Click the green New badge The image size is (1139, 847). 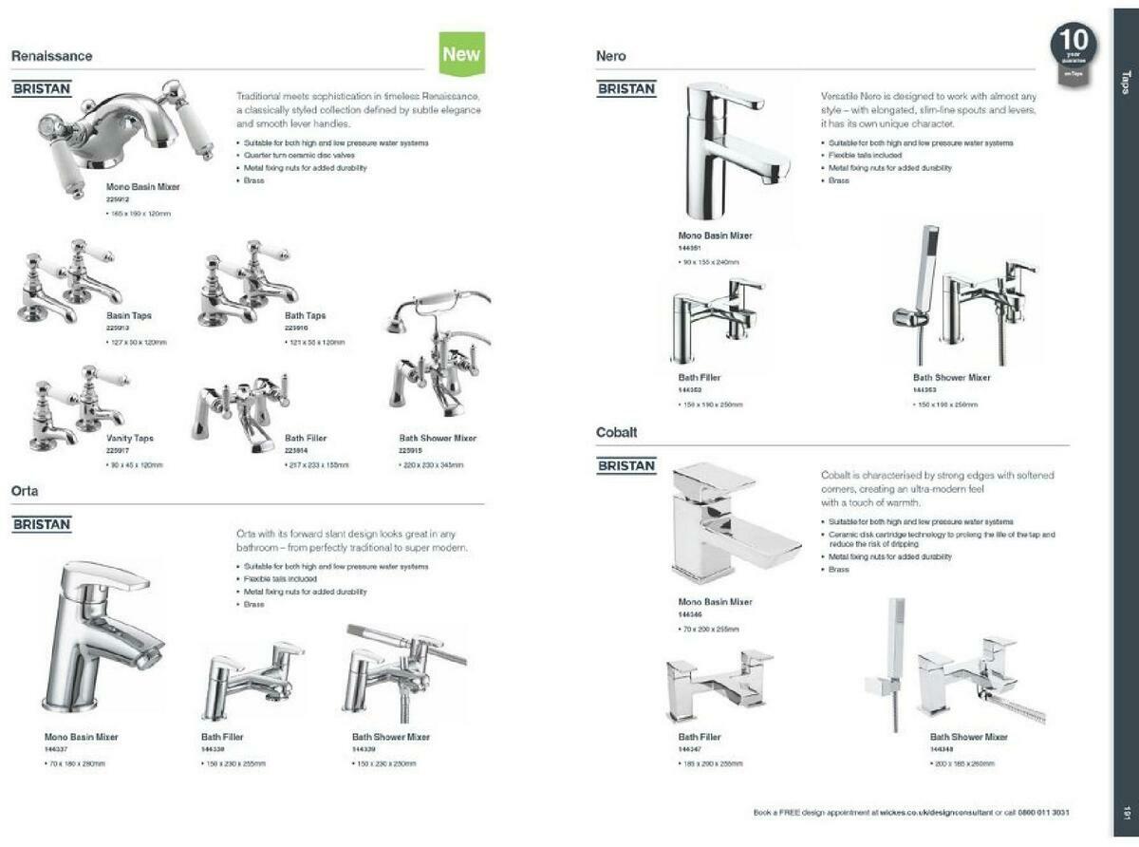462,53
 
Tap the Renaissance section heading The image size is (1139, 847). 52,56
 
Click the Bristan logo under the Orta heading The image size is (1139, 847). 42,524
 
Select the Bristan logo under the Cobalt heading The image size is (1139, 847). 626,465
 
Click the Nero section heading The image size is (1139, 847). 611,56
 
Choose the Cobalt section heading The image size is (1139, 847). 617,432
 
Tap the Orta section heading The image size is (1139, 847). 25,491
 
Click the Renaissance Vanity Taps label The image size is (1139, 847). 130,439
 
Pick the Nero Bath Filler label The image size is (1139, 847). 700,378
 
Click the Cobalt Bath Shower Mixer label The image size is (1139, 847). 969,737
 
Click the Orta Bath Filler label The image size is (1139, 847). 222,737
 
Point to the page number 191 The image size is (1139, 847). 1127,813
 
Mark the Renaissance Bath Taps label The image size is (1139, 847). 306,315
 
